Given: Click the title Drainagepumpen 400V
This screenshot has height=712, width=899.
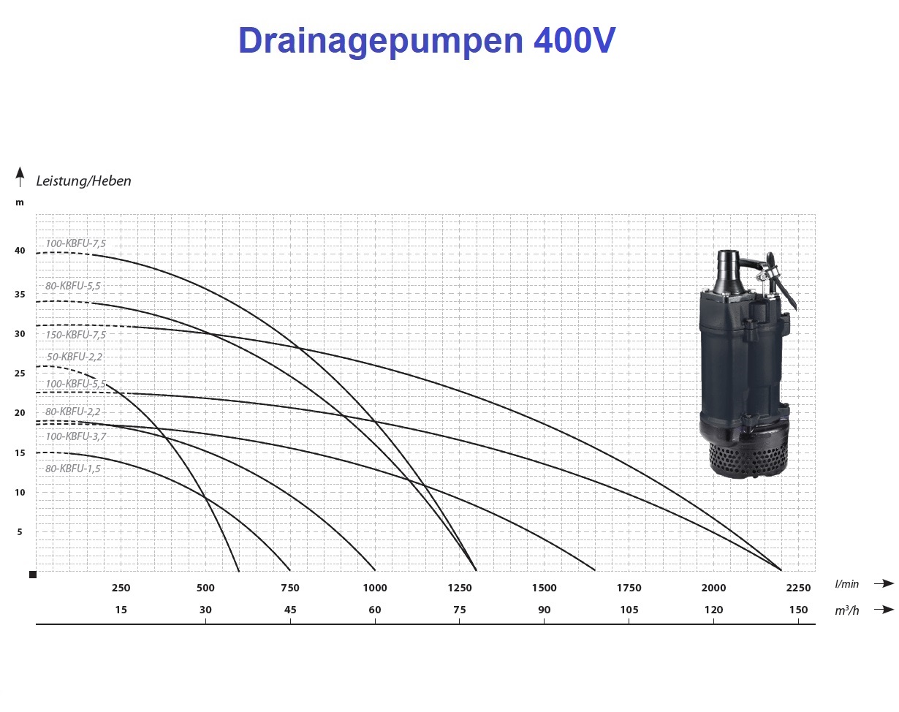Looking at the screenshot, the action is coord(427,41).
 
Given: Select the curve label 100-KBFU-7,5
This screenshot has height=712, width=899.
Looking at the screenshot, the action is coord(75,243).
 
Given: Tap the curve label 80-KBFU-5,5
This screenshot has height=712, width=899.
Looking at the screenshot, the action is coord(72,286).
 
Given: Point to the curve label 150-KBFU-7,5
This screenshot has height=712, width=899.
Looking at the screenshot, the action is coord(75,335).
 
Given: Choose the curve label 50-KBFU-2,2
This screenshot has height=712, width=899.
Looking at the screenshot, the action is coord(75,357).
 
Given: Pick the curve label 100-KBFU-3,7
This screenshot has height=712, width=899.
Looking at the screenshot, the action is coord(75,436).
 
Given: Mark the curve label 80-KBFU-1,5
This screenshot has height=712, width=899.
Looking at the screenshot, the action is coord(72,469).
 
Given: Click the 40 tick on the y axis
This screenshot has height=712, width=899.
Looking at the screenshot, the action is coord(20,251).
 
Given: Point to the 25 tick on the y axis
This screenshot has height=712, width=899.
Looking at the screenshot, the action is coord(20,373).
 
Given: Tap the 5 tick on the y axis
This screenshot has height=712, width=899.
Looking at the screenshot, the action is coord(20,532).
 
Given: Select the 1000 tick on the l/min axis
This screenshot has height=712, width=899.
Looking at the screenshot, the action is coord(375,588).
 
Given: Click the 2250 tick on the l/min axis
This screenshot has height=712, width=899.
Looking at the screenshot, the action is coord(798,588).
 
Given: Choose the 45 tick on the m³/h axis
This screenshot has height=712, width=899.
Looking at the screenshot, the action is coord(290,610).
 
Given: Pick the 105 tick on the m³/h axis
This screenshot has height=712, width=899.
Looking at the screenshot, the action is coord(629,610).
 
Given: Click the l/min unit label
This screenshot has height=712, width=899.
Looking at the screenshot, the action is coord(847,584).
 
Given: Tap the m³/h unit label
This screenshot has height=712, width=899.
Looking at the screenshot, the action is coord(847,610).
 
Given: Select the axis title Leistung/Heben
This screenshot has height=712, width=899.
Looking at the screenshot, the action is coord(83,181).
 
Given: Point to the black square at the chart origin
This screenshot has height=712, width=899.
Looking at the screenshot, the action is coord(33,575).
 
